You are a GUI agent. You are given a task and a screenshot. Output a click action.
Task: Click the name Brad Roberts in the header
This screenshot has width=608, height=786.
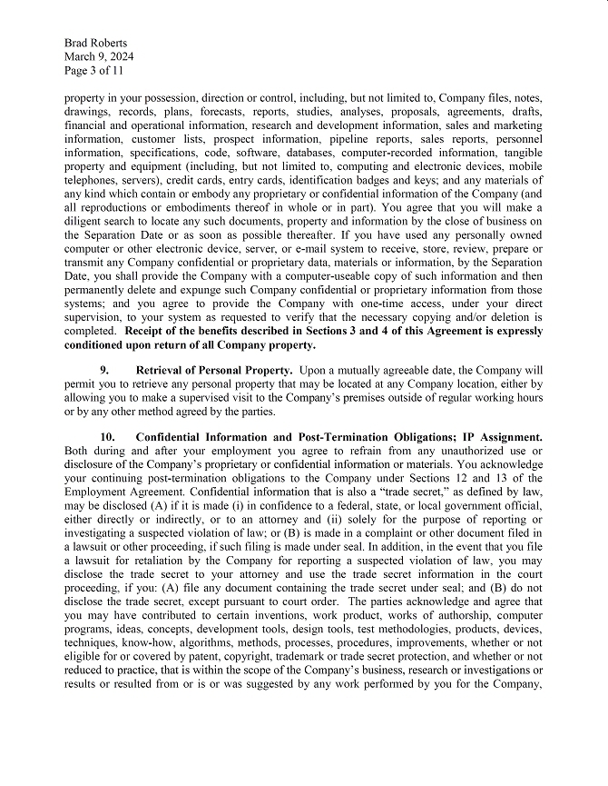[95, 43]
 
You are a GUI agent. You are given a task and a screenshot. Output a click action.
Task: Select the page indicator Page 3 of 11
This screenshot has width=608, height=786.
[94, 70]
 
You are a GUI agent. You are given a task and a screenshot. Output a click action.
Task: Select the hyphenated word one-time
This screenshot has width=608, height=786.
[336, 303]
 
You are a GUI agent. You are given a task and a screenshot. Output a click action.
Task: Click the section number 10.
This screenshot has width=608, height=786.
[107, 438]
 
